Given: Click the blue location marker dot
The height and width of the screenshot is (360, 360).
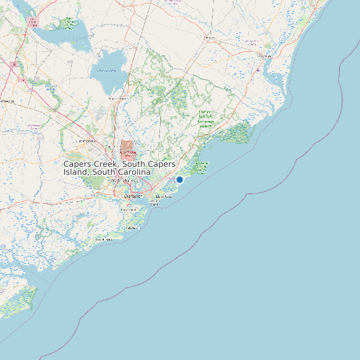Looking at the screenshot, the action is [179, 179].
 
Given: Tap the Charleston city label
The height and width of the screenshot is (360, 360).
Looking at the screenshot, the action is [133, 197].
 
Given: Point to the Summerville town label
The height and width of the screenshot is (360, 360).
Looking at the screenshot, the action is [86, 141].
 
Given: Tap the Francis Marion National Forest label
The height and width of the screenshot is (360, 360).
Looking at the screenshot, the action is [206, 118].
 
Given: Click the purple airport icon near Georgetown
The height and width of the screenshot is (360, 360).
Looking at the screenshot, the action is [258, 69].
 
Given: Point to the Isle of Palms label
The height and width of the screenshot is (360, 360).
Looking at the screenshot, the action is [163, 197].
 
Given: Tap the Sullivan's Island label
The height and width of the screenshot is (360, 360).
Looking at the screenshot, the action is [155, 203].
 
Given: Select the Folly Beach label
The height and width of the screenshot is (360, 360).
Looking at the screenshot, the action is [131, 228].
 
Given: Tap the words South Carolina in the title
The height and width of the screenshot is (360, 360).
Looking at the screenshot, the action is [125, 172].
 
